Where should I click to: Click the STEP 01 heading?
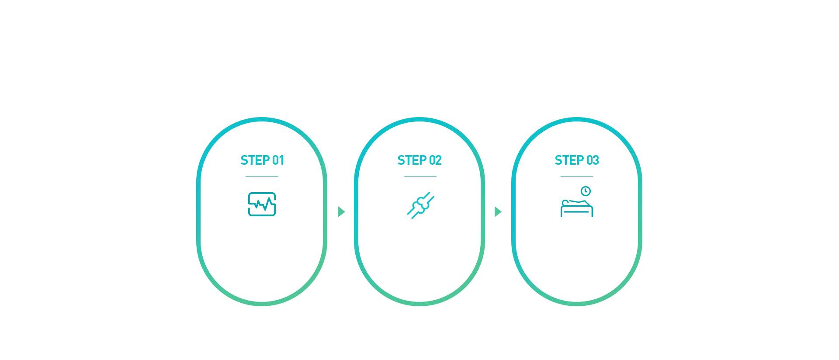[x=262, y=160]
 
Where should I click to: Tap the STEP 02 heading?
[x=419, y=160]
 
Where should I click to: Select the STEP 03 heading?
[x=577, y=160]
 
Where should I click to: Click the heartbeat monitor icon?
[x=262, y=204]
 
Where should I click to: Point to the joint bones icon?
[x=421, y=205]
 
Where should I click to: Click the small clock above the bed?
[x=586, y=191]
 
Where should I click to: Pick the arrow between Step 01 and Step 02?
[x=341, y=211]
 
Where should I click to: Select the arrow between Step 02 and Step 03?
[x=498, y=211]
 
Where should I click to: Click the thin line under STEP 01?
[x=262, y=176]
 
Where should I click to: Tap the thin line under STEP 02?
[x=420, y=176]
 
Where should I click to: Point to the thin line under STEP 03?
[x=577, y=176]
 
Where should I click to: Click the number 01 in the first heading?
[x=278, y=160]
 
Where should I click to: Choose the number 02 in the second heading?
[x=435, y=160]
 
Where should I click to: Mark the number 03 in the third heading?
[x=593, y=160]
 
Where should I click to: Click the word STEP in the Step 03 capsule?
[x=569, y=160]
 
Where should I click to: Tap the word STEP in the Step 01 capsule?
[x=255, y=160]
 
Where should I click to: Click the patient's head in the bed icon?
[x=565, y=203]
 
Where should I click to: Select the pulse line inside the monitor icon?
[x=262, y=204]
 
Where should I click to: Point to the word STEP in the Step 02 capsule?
[x=412, y=160]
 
